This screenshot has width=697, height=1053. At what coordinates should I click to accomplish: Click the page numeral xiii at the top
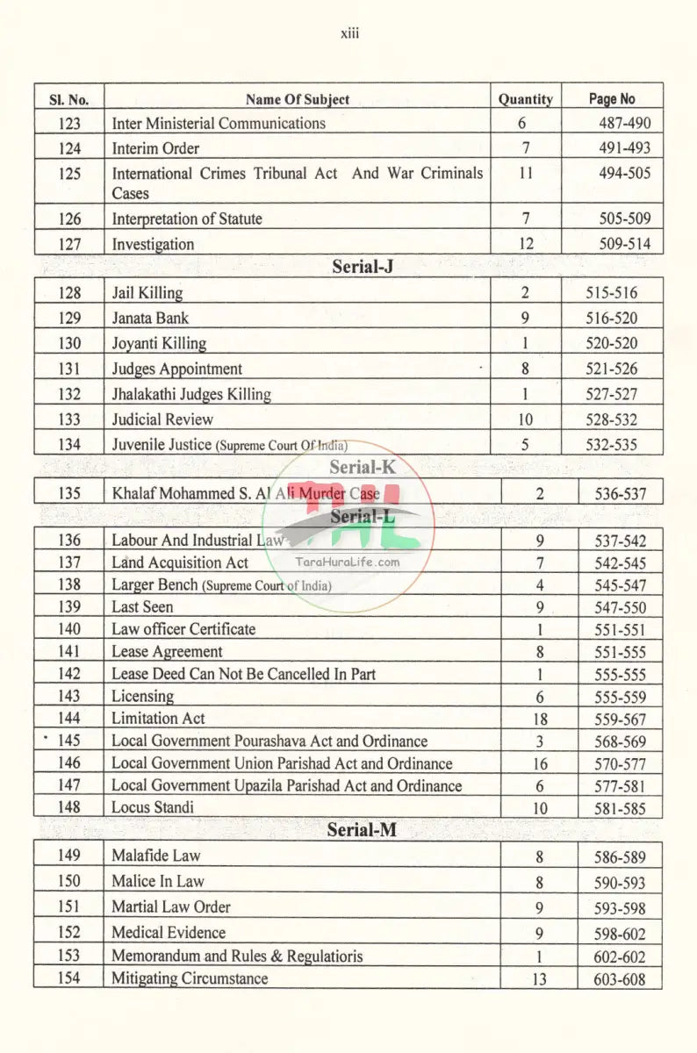click(349, 34)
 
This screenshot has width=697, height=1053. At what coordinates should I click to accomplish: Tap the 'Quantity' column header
click(525, 99)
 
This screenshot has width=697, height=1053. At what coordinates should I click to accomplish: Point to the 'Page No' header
click(612, 99)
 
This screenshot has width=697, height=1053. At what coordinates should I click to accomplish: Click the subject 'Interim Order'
click(155, 148)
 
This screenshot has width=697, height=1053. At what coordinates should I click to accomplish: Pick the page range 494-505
click(624, 173)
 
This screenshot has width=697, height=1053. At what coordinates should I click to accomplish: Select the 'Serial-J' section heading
click(362, 267)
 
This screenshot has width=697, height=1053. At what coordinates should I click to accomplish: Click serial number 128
click(69, 293)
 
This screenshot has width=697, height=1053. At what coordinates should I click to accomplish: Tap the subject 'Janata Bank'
click(150, 318)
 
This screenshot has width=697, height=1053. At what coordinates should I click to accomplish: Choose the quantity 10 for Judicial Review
click(525, 419)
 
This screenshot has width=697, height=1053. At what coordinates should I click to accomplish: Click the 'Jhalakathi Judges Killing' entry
click(191, 394)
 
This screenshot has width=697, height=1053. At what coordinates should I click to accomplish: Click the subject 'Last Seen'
click(142, 606)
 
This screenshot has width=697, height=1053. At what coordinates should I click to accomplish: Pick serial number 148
click(69, 807)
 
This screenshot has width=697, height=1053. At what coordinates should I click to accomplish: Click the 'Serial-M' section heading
click(362, 830)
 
